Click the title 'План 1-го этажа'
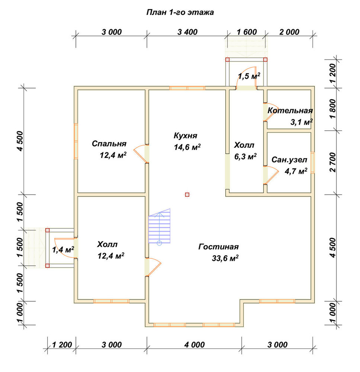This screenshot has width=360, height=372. click(x=180, y=12)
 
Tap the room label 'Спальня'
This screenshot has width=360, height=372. click(x=109, y=144)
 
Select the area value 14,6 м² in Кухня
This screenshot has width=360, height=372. click(x=187, y=147)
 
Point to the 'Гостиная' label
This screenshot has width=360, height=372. click(x=218, y=247)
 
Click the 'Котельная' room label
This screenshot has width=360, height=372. click(x=290, y=110)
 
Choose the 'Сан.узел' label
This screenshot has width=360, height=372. click(x=289, y=160)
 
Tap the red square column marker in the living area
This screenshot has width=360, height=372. click(x=187, y=195)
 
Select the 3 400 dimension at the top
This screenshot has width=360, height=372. click(x=187, y=32)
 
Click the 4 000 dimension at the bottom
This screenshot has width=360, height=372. click(x=195, y=345)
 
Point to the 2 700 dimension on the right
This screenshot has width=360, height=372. click(x=333, y=163)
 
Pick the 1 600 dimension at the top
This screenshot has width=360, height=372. click(x=247, y=32)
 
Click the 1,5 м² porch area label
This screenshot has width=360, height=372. click(x=249, y=76)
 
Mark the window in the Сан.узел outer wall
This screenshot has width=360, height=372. click(x=312, y=163)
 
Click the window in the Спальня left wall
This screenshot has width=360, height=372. click(x=76, y=141)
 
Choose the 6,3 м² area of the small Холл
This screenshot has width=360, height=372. click(x=245, y=157)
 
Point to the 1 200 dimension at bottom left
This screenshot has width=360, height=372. click(x=62, y=345)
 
